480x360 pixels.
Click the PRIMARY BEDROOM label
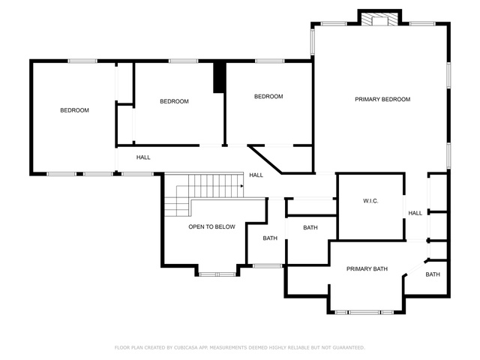coord(382,99)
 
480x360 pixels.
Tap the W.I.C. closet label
coord(370,201)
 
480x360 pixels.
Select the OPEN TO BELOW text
coord(211,226)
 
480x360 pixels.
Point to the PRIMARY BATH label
coord(367,268)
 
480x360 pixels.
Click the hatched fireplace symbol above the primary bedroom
coord(379,19)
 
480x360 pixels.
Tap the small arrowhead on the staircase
coord(241,186)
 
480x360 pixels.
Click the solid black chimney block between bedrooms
coord(219,76)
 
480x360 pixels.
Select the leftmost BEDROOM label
coord(74,110)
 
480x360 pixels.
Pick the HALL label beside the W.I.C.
coord(415,213)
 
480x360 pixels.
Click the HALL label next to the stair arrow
coord(256,175)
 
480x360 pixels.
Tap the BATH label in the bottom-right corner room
coord(433,274)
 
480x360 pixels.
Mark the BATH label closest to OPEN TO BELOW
coord(270,238)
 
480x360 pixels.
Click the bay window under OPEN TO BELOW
coord(217,274)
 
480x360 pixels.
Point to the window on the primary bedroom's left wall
coord(313,42)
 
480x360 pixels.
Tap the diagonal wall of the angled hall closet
coord(265,160)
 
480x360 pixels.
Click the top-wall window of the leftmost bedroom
coord(82,61)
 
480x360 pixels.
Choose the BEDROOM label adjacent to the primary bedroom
coord(268,97)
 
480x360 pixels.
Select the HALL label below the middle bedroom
coord(143,157)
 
